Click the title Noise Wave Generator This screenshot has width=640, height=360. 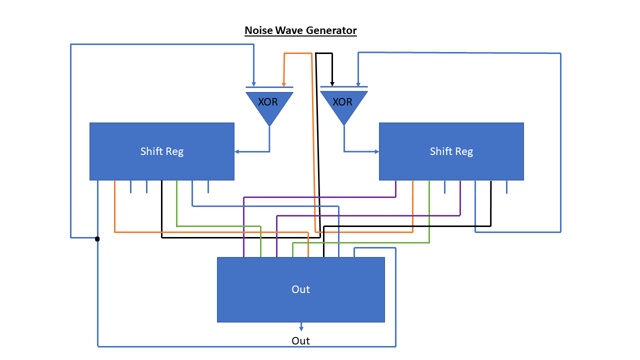click(300, 30)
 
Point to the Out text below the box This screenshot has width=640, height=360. click(300, 341)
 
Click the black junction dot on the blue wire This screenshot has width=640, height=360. click(97, 239)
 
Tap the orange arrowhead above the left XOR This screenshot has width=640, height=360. click(284, 84)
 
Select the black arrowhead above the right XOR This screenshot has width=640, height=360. click(332, 83)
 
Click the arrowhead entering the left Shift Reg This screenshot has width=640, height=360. click(237, 151)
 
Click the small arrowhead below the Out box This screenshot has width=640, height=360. click(301, 328)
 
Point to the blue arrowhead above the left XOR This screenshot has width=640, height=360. click(253, 84)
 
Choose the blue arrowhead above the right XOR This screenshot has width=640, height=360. click(357, 83)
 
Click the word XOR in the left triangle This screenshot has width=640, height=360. click(268, 102)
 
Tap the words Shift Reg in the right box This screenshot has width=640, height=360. click(451, 151)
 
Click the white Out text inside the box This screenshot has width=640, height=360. click(300, 289)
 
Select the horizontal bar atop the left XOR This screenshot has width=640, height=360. click(269, 88)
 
